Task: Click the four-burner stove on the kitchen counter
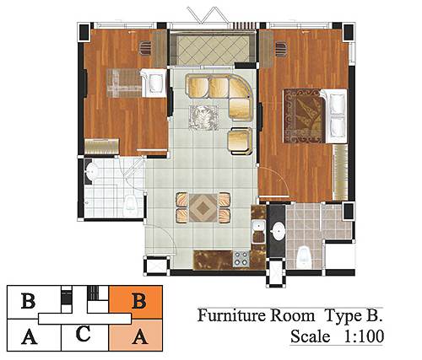click(x=241, y=258)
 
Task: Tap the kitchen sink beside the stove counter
click(x=258, y=232)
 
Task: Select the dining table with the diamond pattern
click(x=203, y=207)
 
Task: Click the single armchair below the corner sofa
click(x=240, y=141)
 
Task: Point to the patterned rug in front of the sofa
click(x=204, y=117)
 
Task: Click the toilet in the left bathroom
click(x=130, y=203)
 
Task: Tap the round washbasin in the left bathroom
click(x=92, y=170)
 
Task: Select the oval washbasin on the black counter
click(x=278, y=231)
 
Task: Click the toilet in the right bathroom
click(x=303, y=255)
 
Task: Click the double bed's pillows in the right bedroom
click(x=337, y=116)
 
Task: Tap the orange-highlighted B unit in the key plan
click(x=136, y=302)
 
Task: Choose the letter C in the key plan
click(x=84, y=334)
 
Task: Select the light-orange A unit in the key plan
click(x=136, y=336)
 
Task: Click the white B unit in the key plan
click(x=28, y=301)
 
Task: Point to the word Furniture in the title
click(x=231, y=315)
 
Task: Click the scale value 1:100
click(x=364, y=336)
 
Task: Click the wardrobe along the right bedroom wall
click(x=340, y=172)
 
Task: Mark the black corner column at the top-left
click(x=84, y=32)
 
